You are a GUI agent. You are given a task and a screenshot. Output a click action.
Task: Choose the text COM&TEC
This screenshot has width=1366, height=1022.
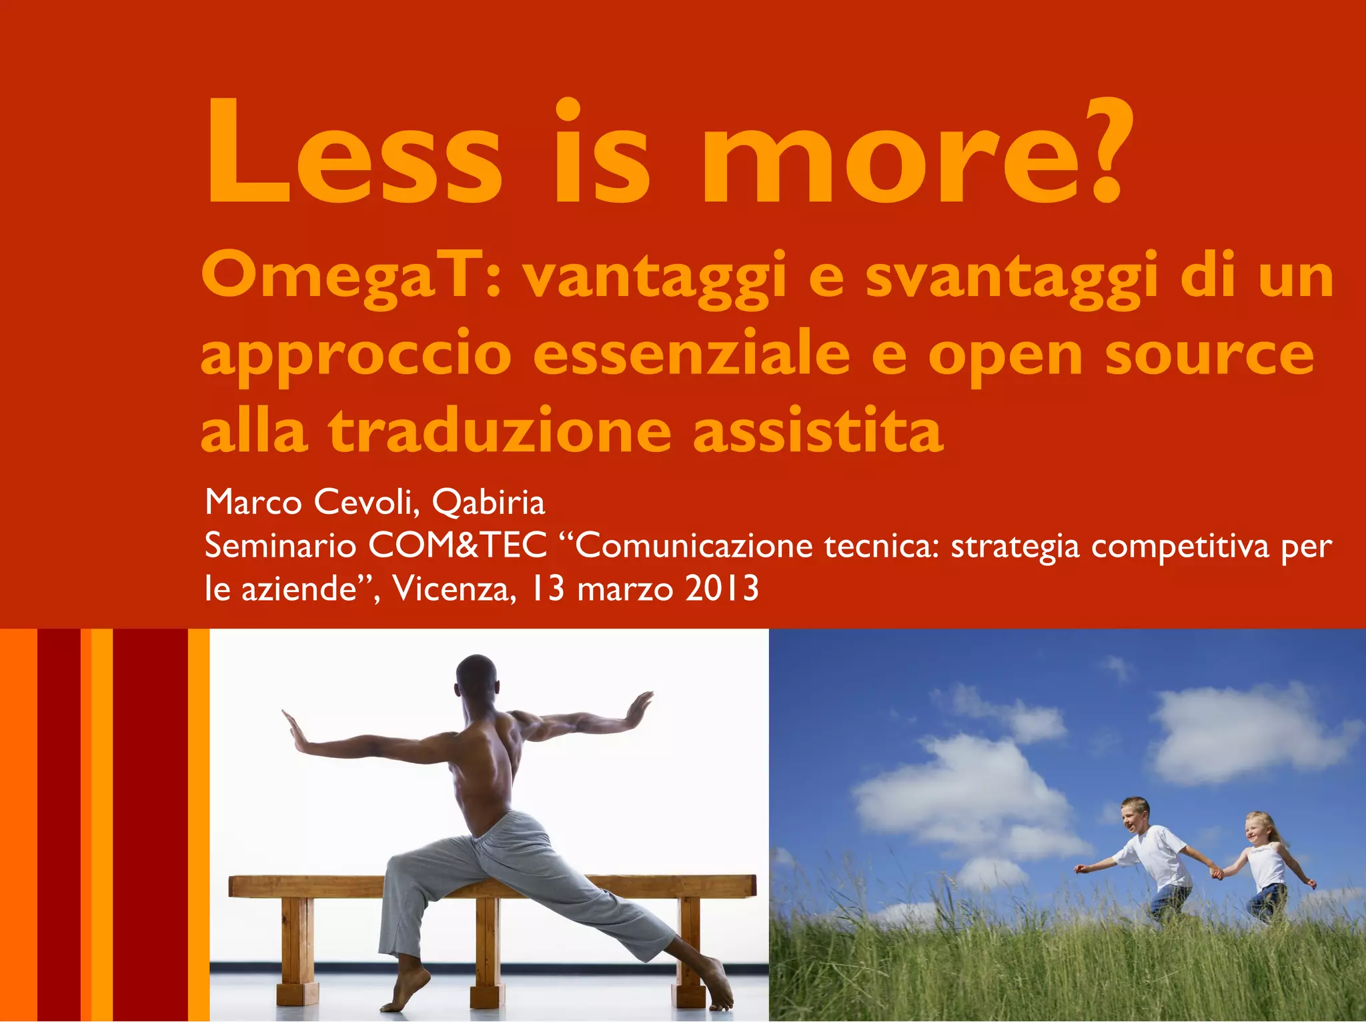point(458,546)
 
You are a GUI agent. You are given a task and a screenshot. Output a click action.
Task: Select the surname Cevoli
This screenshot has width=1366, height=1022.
point(367,503)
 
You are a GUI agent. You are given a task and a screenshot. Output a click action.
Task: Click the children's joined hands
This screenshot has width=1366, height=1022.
point(1217,872)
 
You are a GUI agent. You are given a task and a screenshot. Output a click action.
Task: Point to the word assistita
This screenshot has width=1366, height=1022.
point(818,430)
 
